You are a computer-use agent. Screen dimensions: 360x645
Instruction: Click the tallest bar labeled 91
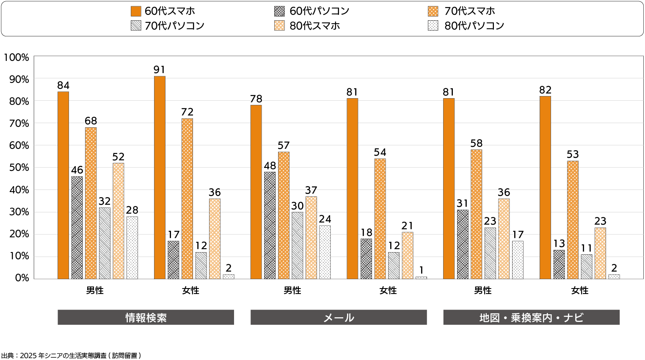160,178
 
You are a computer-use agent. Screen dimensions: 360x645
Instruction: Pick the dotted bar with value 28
132,247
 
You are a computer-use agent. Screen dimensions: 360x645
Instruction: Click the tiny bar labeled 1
421,278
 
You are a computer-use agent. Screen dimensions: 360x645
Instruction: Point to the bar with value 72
187,198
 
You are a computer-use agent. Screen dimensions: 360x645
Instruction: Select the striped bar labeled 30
297,245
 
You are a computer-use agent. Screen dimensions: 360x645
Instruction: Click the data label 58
476,143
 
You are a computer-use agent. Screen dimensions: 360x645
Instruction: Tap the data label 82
545,90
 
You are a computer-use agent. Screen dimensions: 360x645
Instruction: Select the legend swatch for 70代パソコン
136,26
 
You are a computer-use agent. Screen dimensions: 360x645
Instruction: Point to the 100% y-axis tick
17,58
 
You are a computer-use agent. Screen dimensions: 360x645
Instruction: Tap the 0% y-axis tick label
22,278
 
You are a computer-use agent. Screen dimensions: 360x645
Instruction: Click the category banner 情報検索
146,317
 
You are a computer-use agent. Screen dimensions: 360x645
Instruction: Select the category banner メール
338,317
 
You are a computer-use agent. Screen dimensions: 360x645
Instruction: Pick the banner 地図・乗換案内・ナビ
531,317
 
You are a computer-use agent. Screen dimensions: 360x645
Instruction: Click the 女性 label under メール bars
388,291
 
